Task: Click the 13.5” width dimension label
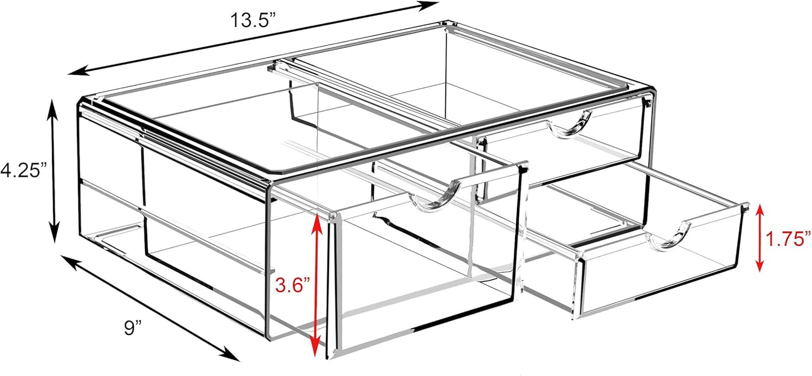pyautogui.click(x=254, y=20)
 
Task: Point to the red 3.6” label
pyautogui.click(x=293, y=285)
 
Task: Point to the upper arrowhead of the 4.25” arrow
pyautogui.click(x=53, y=108)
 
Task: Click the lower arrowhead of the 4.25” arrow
pyautogui.click(x=53, y=233)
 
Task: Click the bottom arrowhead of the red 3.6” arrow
pyautogui.click(x=316, y=347)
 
